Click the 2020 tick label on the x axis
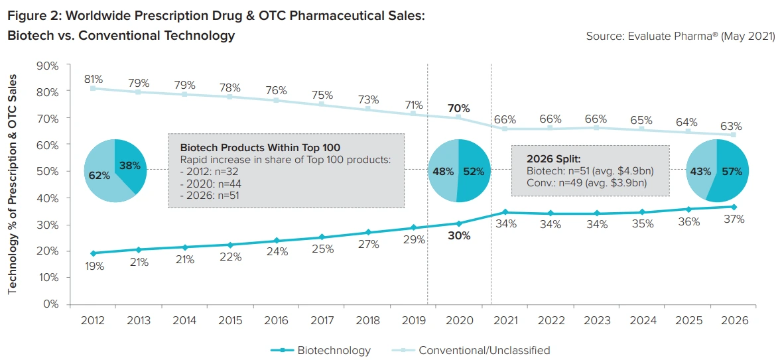(459, 320)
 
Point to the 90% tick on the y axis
(48, 66)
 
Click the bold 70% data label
(458, 108)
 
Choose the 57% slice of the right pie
(731, 171)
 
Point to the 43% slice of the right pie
(699, 171)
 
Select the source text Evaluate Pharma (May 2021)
(680, 36)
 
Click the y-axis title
(13, 184)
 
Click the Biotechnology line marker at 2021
(505, 212)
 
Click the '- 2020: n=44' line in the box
(212, 184)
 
